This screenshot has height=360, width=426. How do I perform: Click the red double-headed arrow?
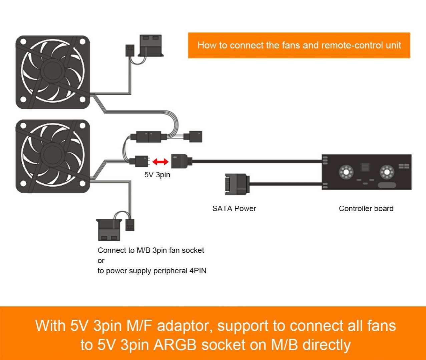point(160,162)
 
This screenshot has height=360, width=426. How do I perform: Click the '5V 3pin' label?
point(157,175)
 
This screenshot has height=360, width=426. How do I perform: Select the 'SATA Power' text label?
point(234,209)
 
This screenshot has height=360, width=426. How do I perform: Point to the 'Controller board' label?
point(366,209)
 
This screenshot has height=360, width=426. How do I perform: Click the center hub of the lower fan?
point(52,156)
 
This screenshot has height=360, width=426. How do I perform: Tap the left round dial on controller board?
point(346,172)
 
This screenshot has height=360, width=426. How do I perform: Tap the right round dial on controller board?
point(387,172)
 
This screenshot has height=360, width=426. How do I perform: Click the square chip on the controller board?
point(365,167)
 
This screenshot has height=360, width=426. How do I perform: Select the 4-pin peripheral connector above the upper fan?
point(150,45)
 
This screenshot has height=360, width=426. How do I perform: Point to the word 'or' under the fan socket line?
point(101,261)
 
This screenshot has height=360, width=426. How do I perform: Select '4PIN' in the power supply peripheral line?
point(198,271)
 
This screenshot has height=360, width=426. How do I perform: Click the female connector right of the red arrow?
point(180,161)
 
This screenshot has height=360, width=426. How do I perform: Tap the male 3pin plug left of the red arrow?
point(140,162)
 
